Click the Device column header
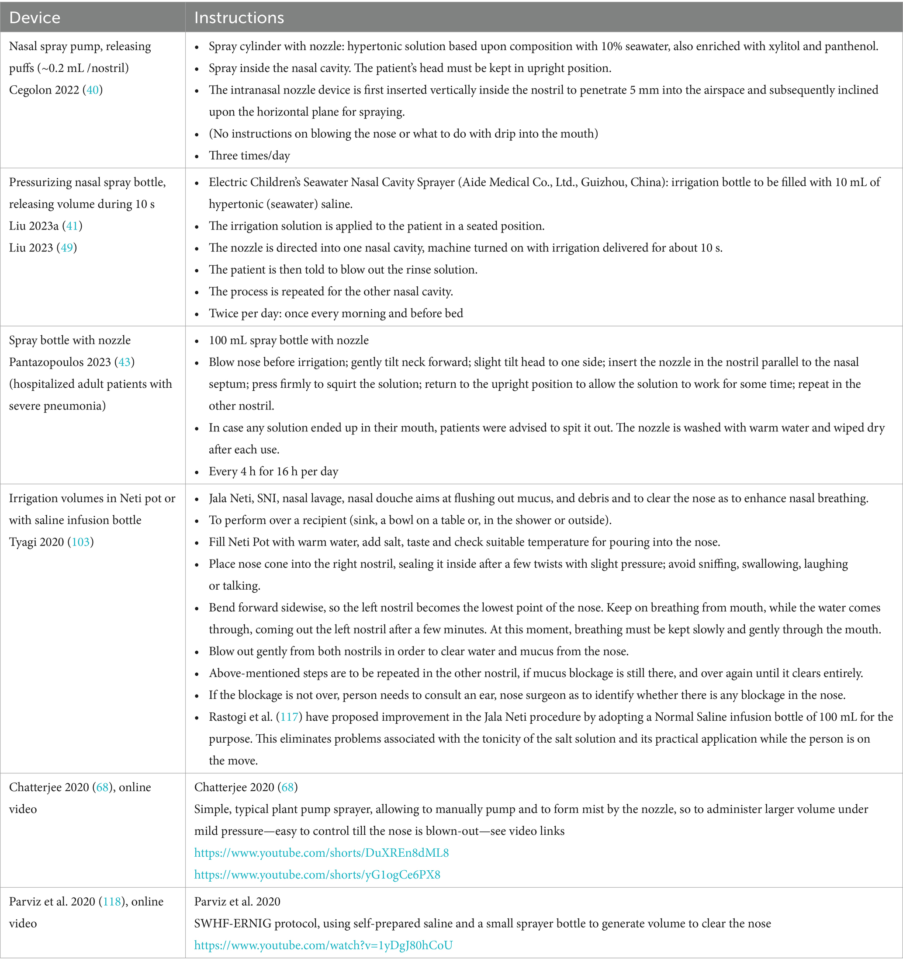tap(35, 17)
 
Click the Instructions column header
tap(239, 17)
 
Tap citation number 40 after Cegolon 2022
tap(92, 90)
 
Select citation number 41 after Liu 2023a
tap(72, 226)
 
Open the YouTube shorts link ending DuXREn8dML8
tap(321, 853)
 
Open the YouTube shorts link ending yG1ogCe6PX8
tap(317, 875)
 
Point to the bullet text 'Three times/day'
tap(249, 156)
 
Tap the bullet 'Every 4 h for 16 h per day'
tap(273, 471)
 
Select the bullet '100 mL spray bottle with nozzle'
tap(288, 340)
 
